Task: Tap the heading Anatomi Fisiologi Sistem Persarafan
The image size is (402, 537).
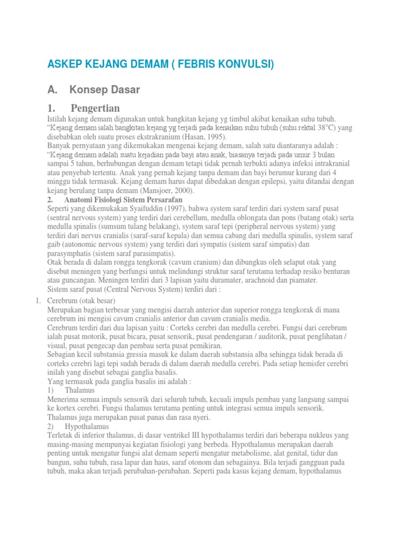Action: coord(123,200)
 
